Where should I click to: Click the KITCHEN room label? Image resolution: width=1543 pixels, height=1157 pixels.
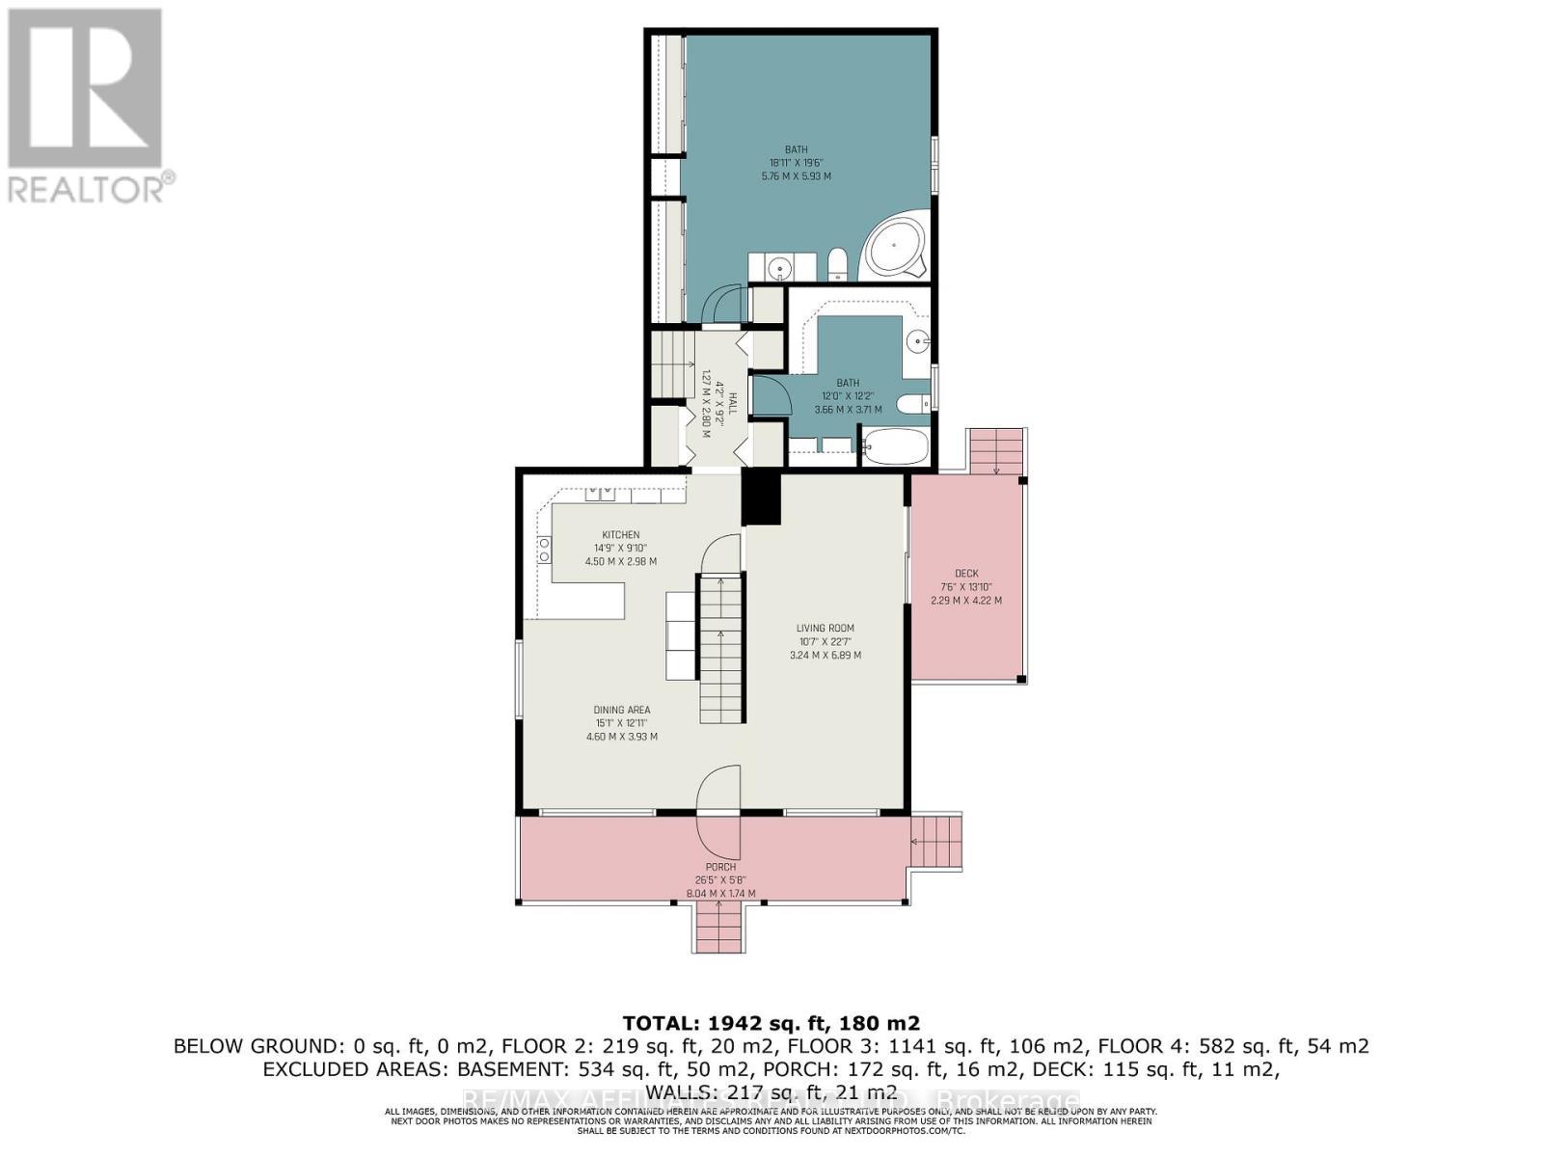621,535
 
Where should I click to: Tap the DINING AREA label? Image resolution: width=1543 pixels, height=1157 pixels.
622,710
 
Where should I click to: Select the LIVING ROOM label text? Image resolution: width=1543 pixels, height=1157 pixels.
825,628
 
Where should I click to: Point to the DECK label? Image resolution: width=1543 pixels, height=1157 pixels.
965,574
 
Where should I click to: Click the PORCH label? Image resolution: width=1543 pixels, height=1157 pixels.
720,867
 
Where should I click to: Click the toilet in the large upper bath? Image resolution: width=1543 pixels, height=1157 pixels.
837,262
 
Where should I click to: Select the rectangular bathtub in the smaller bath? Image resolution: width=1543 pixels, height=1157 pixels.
895,447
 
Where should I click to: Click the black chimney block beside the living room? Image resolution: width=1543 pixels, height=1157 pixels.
761,498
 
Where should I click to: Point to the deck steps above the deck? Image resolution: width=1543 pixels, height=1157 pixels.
995,450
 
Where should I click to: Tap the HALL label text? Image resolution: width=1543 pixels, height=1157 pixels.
733,404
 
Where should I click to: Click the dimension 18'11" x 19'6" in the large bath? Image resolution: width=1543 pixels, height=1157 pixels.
796,163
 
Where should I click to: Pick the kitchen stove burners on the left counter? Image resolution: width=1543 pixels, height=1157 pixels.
544,551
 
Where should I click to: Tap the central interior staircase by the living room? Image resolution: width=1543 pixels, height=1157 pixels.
721,646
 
